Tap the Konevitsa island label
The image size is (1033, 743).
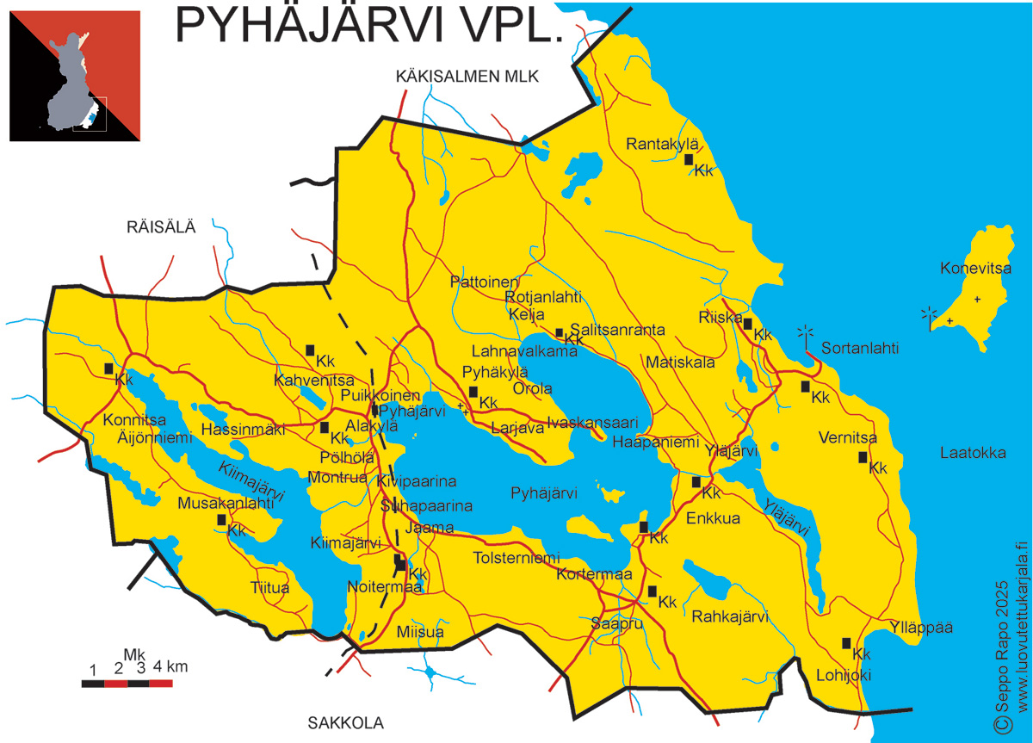pos(975,269)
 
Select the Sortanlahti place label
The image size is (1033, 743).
pos(860,349)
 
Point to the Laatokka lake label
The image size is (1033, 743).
pos(973,453)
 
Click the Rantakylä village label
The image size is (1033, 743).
pos(663,144)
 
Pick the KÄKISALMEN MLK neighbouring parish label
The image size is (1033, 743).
pos(467,77)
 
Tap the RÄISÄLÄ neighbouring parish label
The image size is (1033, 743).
pos(161,227)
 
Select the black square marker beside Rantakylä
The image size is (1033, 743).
pos(689,159)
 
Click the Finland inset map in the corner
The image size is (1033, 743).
pos(74,76)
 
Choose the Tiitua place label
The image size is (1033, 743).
pos(269,588)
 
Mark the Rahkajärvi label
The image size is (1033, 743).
pos(730,616)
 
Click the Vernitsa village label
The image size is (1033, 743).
pos(848,438)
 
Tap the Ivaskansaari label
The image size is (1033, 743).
pos(592,423)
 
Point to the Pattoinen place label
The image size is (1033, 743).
pos(485,282)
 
